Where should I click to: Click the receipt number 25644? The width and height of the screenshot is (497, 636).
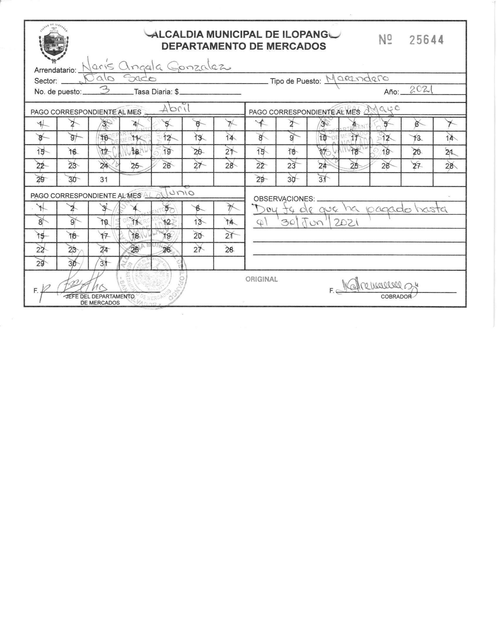point(426,40)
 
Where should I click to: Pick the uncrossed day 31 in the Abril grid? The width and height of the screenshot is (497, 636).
point(104,179)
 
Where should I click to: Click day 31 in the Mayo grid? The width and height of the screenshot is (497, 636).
point(322,179)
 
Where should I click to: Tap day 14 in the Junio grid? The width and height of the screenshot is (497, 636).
point(229,222)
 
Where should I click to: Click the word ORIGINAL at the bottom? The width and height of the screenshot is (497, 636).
point(261,279)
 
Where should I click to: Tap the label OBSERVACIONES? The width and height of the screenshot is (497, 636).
point(284,199)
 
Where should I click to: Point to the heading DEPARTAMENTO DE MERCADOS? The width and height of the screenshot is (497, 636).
point(244,46)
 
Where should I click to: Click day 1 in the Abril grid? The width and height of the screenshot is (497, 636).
point(41,124)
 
